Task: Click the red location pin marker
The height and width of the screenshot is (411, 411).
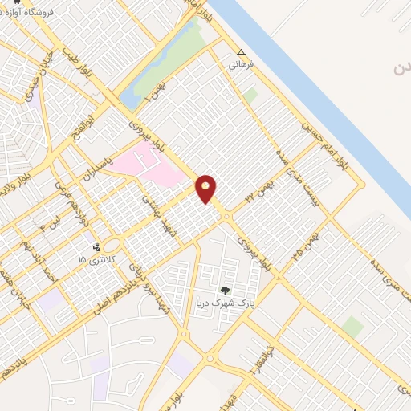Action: pos(206,188)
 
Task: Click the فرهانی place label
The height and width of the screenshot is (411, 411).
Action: pos(240,63)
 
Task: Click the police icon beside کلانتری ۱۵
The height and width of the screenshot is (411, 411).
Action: pos(97,247)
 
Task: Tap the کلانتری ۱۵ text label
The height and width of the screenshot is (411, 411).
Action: pos(92,260)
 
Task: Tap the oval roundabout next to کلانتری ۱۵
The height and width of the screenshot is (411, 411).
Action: pos(112,244)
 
